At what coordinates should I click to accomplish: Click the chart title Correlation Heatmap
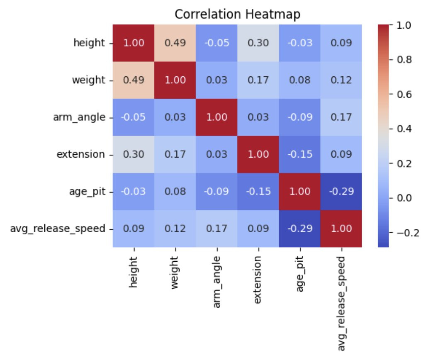(x=237, y=14)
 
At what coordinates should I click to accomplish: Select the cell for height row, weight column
(x=175, y=43)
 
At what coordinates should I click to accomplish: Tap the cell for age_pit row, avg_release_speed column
(x=341, y=192)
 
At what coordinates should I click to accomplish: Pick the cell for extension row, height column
(x=134, y=154)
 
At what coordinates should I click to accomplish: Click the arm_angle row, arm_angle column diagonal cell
(x=216, y=117)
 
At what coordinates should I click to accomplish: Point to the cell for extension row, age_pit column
(x=299, y=154)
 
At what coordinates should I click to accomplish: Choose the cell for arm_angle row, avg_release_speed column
(x=341, y=117)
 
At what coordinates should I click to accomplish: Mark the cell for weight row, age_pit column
(x=299, y=80)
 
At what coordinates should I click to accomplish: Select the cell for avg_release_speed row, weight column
(x=175, y=229)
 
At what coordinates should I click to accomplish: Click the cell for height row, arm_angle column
(x=216, y=43)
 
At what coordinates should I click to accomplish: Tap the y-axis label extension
(x=81, y=154)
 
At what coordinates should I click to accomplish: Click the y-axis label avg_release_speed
(x=58, y=229)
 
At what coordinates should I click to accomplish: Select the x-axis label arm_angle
(x=216, y=282)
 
